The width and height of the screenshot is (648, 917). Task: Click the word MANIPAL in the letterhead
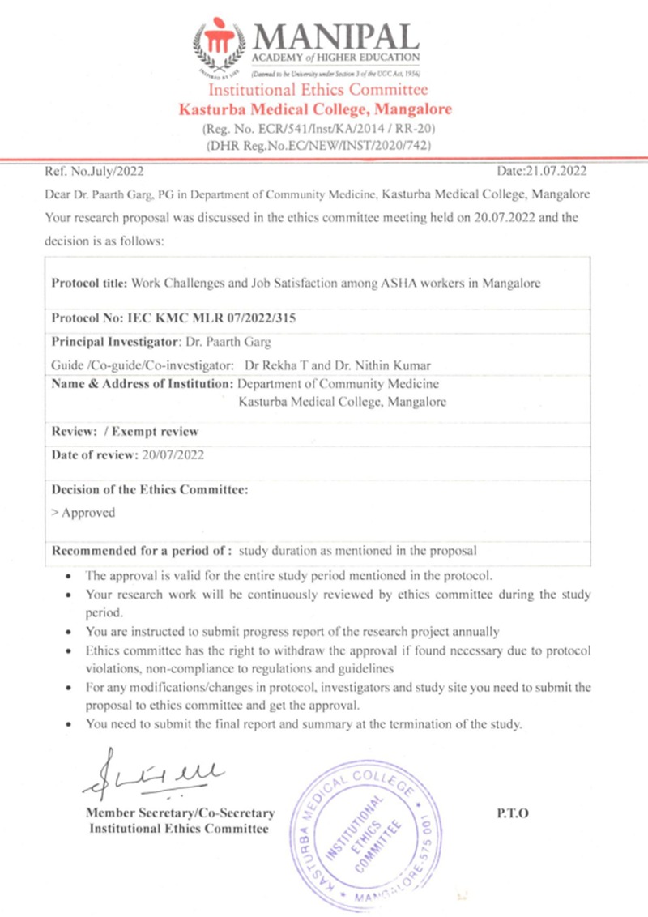336,36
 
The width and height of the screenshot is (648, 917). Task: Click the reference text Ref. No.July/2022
91,171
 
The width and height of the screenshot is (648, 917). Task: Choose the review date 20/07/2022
172,454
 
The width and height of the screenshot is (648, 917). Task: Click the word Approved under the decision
87,512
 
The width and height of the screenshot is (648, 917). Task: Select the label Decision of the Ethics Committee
149,489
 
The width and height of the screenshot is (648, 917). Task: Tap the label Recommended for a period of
143,551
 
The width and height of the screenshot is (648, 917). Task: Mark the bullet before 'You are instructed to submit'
72,632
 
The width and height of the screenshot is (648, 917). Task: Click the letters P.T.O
512,813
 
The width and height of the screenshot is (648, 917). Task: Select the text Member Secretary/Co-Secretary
179,813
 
